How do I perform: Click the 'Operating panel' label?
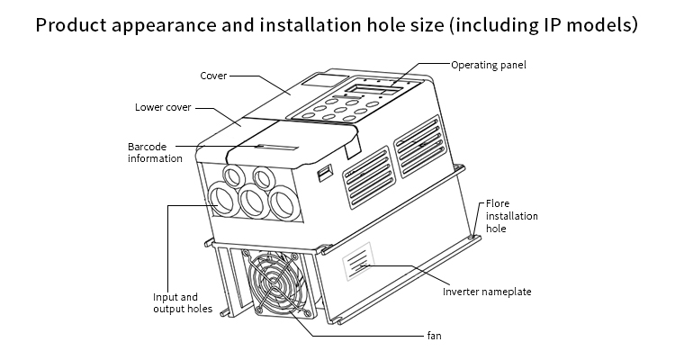(488, 65)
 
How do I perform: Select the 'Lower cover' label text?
(163, 107)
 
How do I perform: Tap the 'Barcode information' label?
(155, 152)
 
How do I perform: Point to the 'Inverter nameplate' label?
(488, 291)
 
